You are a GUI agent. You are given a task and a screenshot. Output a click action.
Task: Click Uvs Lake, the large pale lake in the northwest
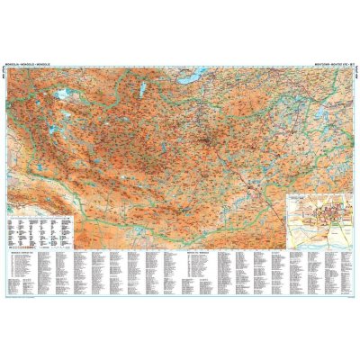pyautogui.click(x=60, y=93)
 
